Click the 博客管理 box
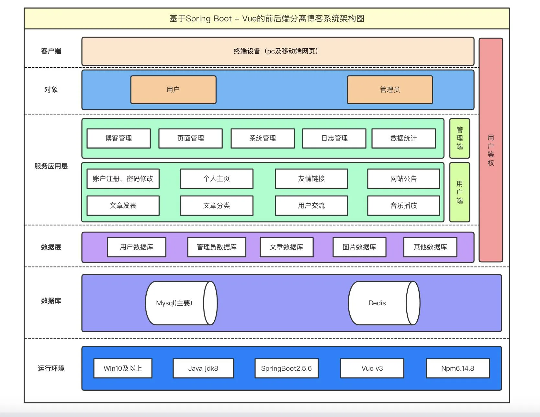118,139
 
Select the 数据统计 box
403,139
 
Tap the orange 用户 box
173,90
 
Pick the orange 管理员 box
390,90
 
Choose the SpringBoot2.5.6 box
287,368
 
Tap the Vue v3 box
372,368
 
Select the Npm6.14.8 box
457,368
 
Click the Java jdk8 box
203,368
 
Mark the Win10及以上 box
123,368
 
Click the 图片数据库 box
359,247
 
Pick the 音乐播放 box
403,206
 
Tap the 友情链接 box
311,179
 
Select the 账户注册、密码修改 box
123,179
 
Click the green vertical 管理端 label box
459,138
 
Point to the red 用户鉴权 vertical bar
491,150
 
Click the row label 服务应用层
51,166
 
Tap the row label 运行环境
51,368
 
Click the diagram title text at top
267,19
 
